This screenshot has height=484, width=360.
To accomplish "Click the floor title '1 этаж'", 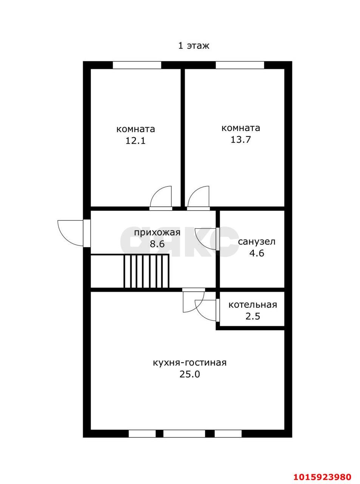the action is (194, 46).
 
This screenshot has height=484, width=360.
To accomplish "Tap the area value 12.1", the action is (135, 141).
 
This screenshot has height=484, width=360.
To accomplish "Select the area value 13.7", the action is (241, 140).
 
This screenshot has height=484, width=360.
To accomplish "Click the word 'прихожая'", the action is (157, 233).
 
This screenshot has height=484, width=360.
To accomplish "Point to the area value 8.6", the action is (157, 244).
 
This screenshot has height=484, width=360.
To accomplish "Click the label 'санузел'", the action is (256, 242).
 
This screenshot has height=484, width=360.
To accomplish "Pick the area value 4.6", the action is (257, 253).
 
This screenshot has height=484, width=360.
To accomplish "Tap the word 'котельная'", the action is (253, 305).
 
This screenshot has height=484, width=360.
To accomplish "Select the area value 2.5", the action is (253, 316).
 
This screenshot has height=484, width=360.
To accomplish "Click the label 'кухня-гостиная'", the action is (189, 363).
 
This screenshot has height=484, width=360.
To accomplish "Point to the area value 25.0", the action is (190, 374).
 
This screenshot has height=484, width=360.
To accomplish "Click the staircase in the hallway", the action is (146, 271).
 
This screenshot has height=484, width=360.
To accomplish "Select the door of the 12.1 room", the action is (161, 197).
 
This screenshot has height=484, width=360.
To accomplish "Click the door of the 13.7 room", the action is (198, 197).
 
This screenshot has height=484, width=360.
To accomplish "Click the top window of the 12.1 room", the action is (137, 65).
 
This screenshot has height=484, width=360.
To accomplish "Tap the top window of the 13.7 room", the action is (240, 65).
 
